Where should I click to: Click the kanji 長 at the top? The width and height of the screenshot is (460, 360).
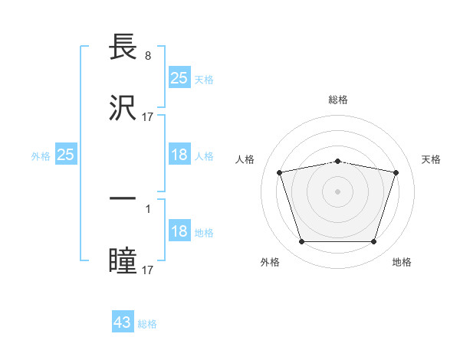[x=124, y=47]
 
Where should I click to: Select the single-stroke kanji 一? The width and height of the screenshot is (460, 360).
[x=124, y=198]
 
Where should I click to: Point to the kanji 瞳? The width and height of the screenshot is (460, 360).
[x=124, y=260]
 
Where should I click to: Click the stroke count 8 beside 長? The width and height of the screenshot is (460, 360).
[x=147, y=56]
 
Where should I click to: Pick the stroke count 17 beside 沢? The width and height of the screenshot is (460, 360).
[x=148, y=117]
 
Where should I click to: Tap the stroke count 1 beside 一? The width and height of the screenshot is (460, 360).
[x=147, y=208]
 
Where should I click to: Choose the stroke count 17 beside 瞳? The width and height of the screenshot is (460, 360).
[x=148, y=270]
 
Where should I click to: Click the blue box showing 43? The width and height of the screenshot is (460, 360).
[x=123, y=322]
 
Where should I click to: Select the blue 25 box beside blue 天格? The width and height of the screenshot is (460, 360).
[x=179, y=77]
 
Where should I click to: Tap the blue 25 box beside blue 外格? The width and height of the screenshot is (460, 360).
[x=66, y=155]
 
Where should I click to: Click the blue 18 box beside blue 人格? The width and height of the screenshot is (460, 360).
[x=179, y=155]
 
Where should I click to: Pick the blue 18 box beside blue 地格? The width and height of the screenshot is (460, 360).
[x=179, y=231]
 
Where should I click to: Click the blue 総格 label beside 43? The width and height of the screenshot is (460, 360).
[x=147, y=324]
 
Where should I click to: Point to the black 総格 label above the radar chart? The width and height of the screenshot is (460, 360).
[x=337, y=100]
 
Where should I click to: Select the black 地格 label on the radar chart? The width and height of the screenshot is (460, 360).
[x=402, y=262]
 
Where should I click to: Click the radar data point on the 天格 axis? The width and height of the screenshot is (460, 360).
[x=396, y=172]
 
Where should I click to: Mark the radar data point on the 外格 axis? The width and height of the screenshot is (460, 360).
[x=301, y=242]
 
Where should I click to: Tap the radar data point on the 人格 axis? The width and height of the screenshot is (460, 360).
[x=280, y=172]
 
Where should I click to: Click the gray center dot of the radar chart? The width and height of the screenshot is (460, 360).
[x=337, y=191]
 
